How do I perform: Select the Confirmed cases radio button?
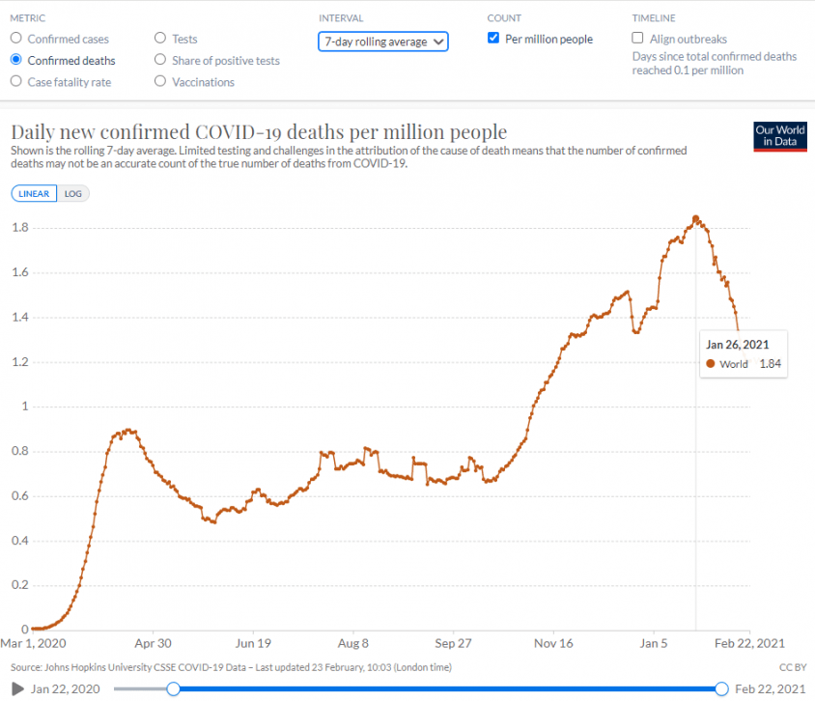click(15, 39)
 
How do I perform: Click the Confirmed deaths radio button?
click(15, 60)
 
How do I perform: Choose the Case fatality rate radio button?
click(15, 82)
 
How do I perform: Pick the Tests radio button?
click(160, 39)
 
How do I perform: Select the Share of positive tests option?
click(160, 60)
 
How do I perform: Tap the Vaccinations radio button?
click(160, 82)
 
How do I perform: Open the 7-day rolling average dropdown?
click(382, 42)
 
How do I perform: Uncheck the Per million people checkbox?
click(493, 39)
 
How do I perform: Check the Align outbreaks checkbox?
click(637, 39)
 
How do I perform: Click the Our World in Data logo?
click(779, 136)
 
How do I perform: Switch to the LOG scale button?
click(72, 193)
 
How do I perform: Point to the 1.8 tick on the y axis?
click(19, 228)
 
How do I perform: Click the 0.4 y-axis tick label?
click(19, 541)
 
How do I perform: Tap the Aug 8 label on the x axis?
click(353, 643)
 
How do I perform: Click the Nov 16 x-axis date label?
click(554, 643)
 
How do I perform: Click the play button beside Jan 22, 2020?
click(17, 688)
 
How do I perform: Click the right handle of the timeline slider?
click(721, 688)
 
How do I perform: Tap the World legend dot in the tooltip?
click(711, 364)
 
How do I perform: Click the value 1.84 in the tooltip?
click(770, 364)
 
